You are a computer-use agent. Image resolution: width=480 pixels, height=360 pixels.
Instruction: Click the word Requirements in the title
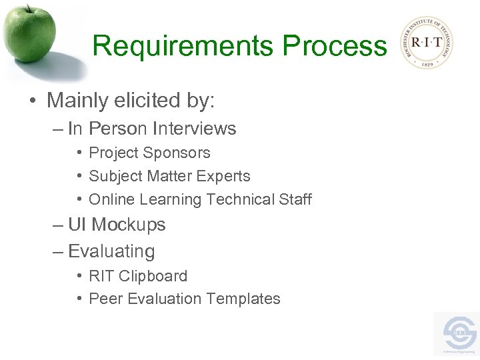point(183,46)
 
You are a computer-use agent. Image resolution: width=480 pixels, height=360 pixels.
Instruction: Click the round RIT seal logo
point(426,43)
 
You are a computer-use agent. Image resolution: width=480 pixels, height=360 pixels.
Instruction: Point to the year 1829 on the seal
point(426,63)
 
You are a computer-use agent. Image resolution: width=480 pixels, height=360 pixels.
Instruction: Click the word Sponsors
point(181,153)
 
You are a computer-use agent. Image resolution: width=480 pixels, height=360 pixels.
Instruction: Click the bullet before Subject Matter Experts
point(80,176)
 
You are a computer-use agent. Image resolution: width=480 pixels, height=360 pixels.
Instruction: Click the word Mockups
point(128,225)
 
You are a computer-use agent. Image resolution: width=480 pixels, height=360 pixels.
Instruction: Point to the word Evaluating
point(111,251)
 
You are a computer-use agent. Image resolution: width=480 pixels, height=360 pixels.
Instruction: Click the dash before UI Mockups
point(58,225)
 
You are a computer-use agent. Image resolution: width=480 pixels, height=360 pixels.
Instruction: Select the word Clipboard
point(153,275)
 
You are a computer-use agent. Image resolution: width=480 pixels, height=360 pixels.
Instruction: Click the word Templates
point(246,299)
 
